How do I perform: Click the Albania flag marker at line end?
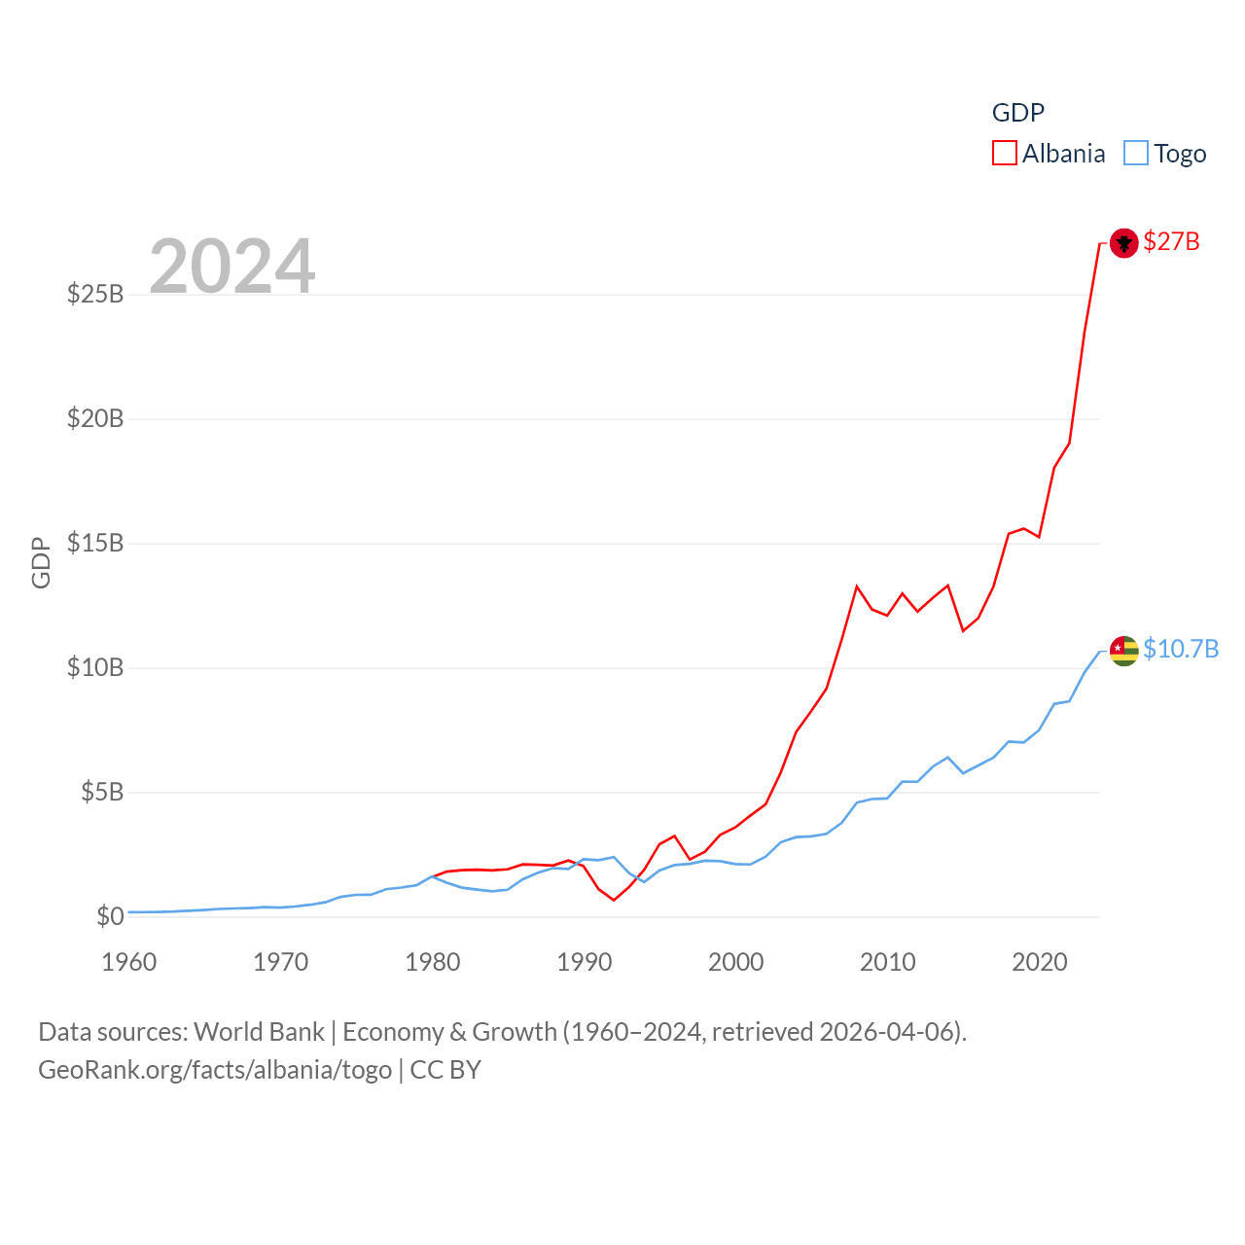click(x=1123, y=242)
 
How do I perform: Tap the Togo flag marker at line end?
click(x=1123, y=651)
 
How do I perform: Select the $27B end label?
click(x=1171, y=241)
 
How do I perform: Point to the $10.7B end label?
click(x=1181, y=649)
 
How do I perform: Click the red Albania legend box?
click(x=1005, y=154)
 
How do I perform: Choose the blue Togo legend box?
click(x=1136, y=154)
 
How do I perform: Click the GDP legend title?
click(x=1017, y=113)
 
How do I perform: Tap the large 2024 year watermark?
click(x=232, y=266)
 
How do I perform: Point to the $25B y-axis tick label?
click(x=95, y=294)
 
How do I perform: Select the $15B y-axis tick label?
click(x=95, y=543)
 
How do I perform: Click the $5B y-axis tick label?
click(x=102, y=792)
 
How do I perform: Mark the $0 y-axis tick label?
click(x=110, y=916)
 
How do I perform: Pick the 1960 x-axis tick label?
click(x=129, y=962)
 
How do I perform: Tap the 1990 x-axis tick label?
click(x=585, y=962)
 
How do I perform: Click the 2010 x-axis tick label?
click(x=888, y=962)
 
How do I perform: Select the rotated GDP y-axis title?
click(x=41, y=562)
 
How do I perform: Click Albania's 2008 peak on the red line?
click(x=857, y=587)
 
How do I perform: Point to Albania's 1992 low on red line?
click(x=614, y=900)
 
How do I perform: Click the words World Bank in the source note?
click(x=259, y=1031)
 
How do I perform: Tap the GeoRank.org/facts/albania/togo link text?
click(x=215, y=1070)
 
